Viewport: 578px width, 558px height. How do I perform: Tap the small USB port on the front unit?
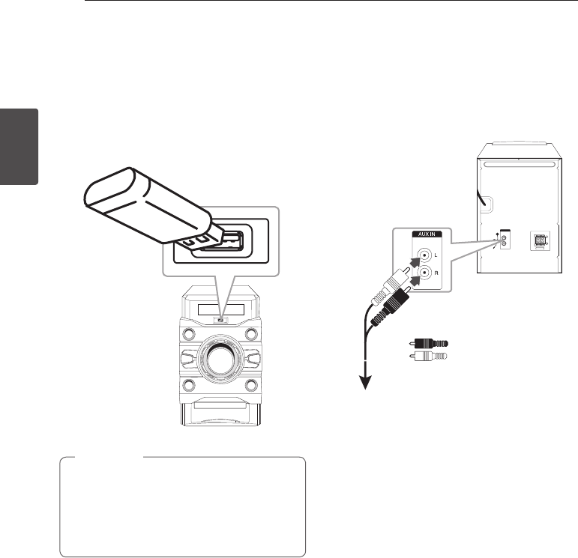point(221,323)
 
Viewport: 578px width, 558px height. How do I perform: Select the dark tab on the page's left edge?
point(19,147)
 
